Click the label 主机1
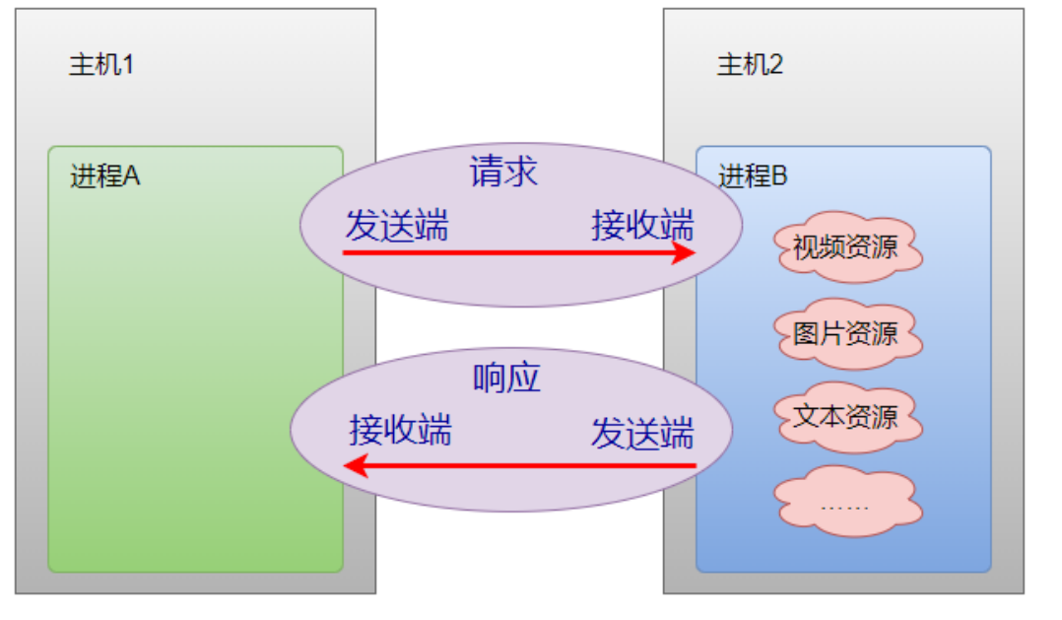click(x=100, y=66)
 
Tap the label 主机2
click(x=750, y=66)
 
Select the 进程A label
click(x=105, y=177)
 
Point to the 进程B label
click(x=753, y=177)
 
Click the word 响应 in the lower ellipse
click(x=506, y=379)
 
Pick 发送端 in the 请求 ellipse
click(x=396, y=226)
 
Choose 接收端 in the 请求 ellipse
click(x=642, y=226)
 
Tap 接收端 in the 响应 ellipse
click(x=400, y=431)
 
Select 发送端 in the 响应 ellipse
click(x=642, y=434)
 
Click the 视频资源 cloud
click(x=845, y=246)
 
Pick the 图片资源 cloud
click(x=845, y=333)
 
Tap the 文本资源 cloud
click(x=845, y=417)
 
